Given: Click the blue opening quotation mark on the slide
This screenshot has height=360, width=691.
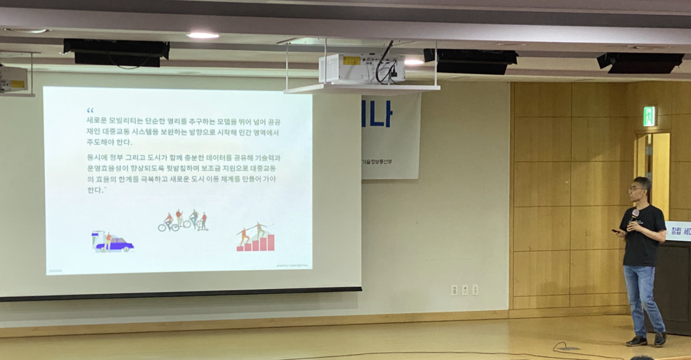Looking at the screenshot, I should click(90, 110).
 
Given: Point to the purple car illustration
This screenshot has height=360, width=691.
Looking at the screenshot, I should click(113, 242).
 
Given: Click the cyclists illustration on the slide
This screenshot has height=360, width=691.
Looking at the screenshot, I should click(183, 221).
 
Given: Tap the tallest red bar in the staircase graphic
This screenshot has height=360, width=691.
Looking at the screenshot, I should click(271, 242).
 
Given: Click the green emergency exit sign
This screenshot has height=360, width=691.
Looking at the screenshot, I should click(649, 116).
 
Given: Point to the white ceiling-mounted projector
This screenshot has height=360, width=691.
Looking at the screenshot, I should click(362, 69).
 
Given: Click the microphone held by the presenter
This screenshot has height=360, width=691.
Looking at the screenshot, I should click(635, 215).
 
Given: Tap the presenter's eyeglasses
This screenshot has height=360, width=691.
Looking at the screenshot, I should click(636, 188).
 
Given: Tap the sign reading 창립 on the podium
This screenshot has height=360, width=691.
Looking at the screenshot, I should click(676, 231).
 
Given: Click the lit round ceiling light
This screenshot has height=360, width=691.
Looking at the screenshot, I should click(203, 35).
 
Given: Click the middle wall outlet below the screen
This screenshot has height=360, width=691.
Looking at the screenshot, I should click(465, 290).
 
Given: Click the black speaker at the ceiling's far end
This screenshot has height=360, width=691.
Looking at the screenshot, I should click(640, 62).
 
